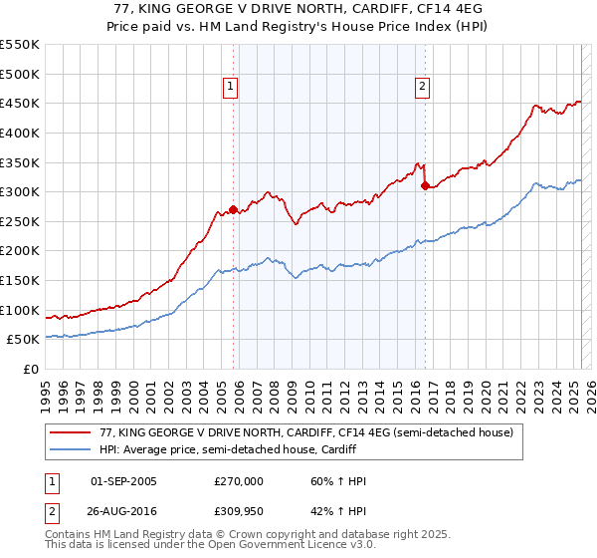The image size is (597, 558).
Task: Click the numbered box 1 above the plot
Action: point(230,87)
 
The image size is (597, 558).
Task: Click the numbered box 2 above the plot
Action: point(423,87)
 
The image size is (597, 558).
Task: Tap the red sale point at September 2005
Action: point(234,209)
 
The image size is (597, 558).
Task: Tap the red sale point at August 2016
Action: point(425,185)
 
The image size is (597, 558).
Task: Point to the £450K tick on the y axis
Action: point(20,103)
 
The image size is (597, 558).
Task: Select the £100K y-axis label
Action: point(20,310)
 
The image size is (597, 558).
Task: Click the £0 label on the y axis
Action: point(32,369)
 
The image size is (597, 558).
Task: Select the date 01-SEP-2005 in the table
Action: point(123,481)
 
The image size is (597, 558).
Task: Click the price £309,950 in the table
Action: point(238,510)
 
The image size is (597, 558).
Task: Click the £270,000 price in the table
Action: point(238,481)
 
